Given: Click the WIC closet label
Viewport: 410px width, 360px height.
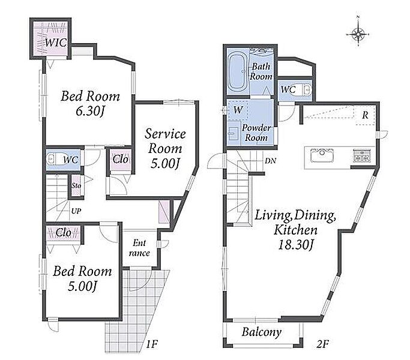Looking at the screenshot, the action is pos(56,43).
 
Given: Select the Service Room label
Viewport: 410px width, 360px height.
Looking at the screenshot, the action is pos(165,141).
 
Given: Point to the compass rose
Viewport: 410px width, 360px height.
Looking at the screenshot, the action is pos(358,34).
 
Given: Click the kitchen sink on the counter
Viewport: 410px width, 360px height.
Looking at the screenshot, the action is pos(322,155).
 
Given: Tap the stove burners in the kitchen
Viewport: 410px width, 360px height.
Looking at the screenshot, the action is pos(361,155).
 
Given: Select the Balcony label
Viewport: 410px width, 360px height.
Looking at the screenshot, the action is pos(262,332).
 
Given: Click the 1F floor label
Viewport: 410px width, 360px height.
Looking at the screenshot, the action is pos(152,344).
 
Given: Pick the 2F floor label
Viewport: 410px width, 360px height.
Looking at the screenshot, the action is pos(322,344).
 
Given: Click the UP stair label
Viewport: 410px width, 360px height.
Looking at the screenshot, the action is pos(76,211).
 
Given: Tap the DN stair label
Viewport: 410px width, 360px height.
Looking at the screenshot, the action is pos(270,161).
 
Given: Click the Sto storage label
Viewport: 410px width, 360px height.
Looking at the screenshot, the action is pos(76,185).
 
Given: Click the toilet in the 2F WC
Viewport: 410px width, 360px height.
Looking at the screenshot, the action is pos(307,89).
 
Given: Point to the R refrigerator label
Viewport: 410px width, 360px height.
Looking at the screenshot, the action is pos(365,115).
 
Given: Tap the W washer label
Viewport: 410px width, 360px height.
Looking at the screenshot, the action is pos(238,110).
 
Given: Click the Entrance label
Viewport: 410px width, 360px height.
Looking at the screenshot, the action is pos(139,248).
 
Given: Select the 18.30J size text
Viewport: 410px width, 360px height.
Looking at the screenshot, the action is pos(295,245).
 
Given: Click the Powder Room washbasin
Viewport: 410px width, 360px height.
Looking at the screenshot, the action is pos(233,133).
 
